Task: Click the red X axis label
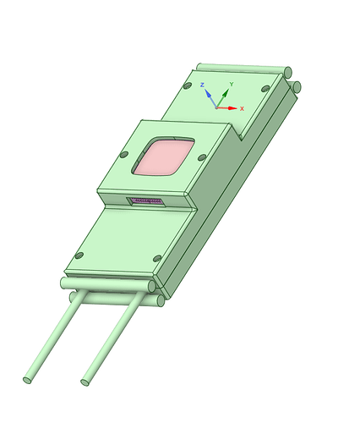tap(242, 108)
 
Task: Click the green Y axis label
tap(232, 84)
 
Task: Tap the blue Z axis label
tap(202, 85)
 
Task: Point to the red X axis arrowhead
tap(232, 108)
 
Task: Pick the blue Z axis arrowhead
tap(208, 93)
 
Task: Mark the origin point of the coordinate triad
tap(216, 107)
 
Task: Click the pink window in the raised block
tap(164, 157)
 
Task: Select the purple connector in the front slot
tap(147, 201)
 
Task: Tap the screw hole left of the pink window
tap(124, 155)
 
